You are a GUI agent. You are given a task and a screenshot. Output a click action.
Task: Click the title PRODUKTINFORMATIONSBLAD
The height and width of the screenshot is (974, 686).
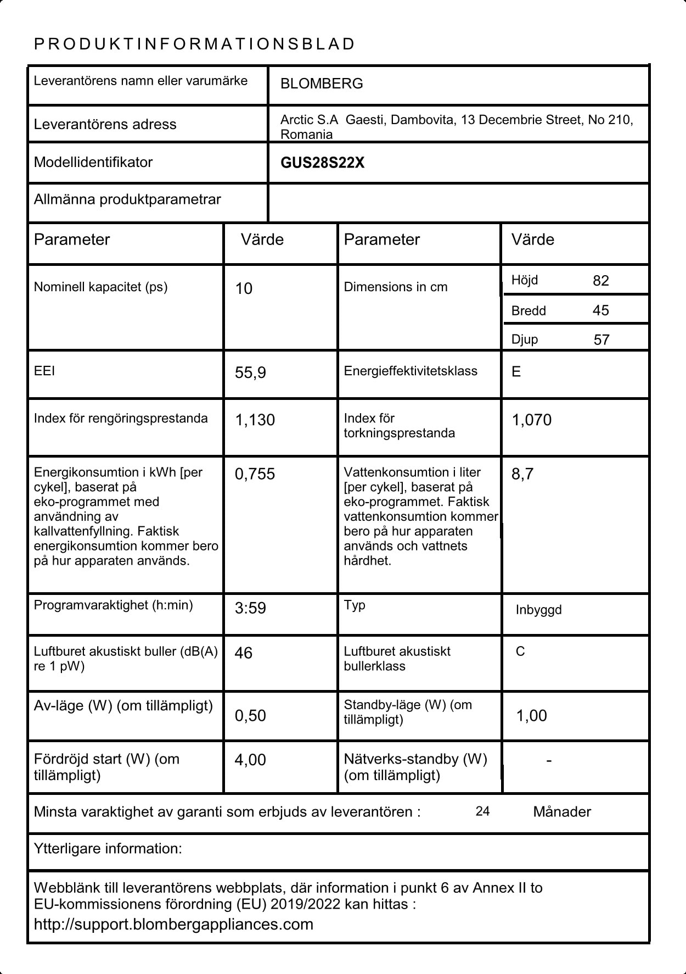[x=194, y=44]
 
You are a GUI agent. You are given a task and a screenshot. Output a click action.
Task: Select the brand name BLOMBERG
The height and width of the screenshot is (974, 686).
[x=322, y=84]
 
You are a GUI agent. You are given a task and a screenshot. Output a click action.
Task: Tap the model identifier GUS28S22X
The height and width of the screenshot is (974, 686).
[x=322, y=163]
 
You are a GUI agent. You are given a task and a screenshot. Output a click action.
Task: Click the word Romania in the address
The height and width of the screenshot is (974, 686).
[x=306, y=135]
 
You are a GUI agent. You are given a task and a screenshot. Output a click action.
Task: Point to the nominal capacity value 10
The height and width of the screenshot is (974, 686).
[x=244, y=288]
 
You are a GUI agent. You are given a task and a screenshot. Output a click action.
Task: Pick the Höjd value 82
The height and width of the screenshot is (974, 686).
[x=600, y=281]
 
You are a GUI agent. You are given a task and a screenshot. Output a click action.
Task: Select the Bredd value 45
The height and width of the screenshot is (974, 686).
[x=600, y=310]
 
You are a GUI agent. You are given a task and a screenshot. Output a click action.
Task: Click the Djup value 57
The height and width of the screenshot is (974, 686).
[x=601, y=339]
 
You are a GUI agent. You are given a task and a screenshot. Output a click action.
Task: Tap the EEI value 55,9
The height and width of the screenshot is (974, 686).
[x=250, y=372]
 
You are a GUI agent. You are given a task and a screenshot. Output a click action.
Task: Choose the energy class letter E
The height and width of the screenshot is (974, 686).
[x=516, y=372]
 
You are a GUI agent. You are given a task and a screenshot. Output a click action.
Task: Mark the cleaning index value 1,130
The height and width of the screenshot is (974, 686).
[x=255, y=420]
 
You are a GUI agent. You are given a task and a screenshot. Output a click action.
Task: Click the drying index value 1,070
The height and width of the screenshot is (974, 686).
[x=531, y=420]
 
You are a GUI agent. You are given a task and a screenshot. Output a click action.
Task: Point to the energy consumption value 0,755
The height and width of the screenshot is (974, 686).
[x=255, y=474]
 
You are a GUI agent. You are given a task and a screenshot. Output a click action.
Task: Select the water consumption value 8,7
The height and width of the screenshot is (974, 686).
[x=522, y=474]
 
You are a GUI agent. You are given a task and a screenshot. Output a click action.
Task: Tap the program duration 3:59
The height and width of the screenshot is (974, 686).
[x=250, y=608]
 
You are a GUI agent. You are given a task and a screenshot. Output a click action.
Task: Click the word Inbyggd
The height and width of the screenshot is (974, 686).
[x=538, y=610]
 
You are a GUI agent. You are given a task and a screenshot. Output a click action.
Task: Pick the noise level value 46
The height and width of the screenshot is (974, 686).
[x=243, y=653]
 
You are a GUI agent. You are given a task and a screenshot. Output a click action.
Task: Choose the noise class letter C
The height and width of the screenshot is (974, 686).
[x=520, y=652]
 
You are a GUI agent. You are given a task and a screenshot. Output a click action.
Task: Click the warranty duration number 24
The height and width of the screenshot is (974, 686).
[x=482, y=811]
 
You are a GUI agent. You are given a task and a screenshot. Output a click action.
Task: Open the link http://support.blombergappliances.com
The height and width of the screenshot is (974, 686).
[x=173, y=924]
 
